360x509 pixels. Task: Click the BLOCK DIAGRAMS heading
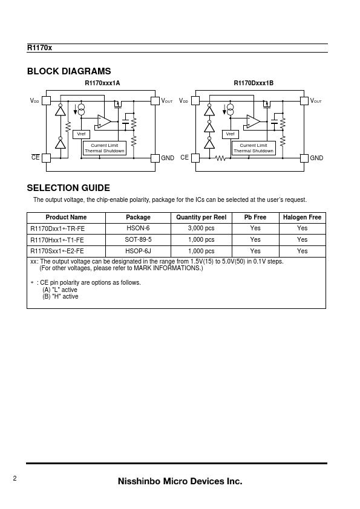click(69, 71)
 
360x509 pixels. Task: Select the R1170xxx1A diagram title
click(102, 83)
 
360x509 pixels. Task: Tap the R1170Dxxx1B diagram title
click(254, 83)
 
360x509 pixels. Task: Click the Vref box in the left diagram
click(81, 134)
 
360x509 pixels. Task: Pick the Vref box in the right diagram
click(231, 134)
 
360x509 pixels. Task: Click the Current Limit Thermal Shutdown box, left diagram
click(105, 148)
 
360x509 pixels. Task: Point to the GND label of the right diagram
click(316, 158)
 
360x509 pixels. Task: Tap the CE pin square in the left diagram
click(46, 158)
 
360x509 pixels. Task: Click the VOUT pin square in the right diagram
click(304, 100)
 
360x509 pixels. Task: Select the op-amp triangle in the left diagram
click(103, 122)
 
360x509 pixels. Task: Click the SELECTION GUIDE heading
click(68, 188)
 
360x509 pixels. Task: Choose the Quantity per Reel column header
click(201, 218)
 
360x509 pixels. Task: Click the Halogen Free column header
click(302, 218)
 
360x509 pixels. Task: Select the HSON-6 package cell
click(138, 229)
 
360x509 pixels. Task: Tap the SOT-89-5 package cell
click(138, 239)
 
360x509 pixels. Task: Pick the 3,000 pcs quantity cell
click(201, 229)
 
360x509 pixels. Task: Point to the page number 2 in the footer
click(15, 478)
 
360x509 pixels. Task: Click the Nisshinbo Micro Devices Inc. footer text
click(180, 481)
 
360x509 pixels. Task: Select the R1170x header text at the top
click(39, 48)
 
